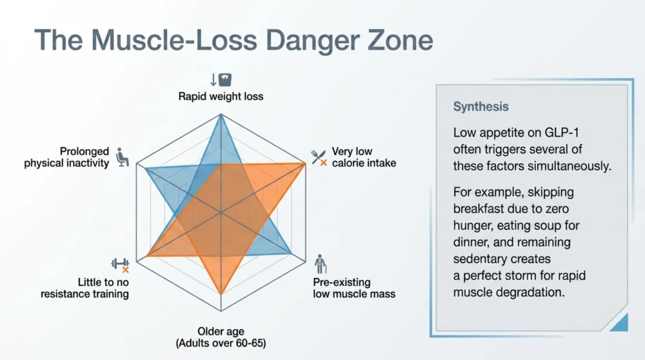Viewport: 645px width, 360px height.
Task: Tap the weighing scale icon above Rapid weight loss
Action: (224, 79)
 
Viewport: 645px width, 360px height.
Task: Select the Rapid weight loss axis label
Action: (221, 96)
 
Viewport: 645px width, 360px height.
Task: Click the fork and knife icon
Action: (319, 157)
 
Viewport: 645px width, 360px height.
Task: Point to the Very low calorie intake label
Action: (364, 157)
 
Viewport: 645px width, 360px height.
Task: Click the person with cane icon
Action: (320, 264)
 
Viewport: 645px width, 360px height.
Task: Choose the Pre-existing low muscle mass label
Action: (353, 288)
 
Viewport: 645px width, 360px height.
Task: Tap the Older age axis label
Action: (221, 331)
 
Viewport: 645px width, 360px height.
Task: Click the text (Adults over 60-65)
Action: (221, 343)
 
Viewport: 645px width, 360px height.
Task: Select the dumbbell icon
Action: (120, 264)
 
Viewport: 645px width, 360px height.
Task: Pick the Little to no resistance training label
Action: (84, 288)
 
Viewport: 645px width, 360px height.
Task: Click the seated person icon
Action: (122, 157)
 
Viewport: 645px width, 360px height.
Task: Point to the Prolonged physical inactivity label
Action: (66, 157)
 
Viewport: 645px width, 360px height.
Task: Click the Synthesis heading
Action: (481, 106)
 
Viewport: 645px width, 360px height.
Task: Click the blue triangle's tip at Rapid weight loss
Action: (221, 115)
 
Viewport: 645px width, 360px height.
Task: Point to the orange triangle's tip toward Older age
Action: (221, 295)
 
